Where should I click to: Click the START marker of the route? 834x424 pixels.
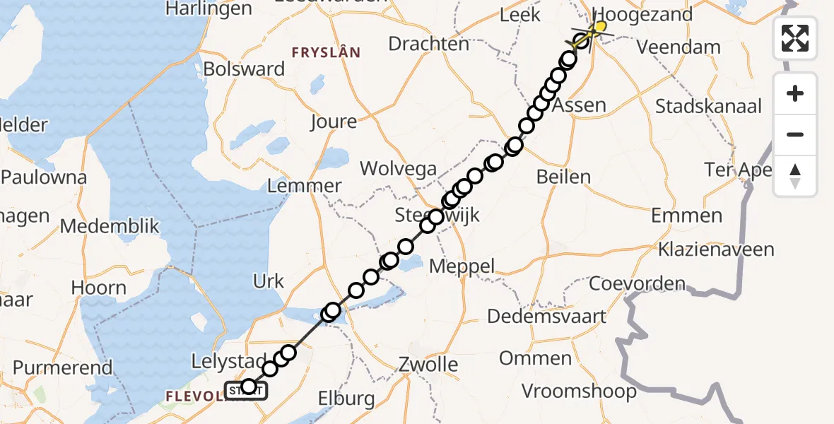(x=246, y=390)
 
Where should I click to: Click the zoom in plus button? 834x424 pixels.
(x=795, y=94)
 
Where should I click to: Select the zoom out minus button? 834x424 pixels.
(x=795, y=134)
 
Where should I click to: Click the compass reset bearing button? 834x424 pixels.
(x=795, y=175)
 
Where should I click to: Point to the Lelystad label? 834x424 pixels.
(x=229, y=361)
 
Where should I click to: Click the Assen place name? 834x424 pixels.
(x=579, y=106)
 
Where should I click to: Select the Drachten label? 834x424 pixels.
(x=429, y=44)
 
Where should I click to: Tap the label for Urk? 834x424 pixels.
(x=268, y=281)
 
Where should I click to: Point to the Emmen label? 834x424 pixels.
(x=686, y=216)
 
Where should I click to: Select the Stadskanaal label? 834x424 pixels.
(x=709, y=107)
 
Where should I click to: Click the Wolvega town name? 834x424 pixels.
(x=399, y=170)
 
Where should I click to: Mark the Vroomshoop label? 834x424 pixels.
(x=579, y=391)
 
